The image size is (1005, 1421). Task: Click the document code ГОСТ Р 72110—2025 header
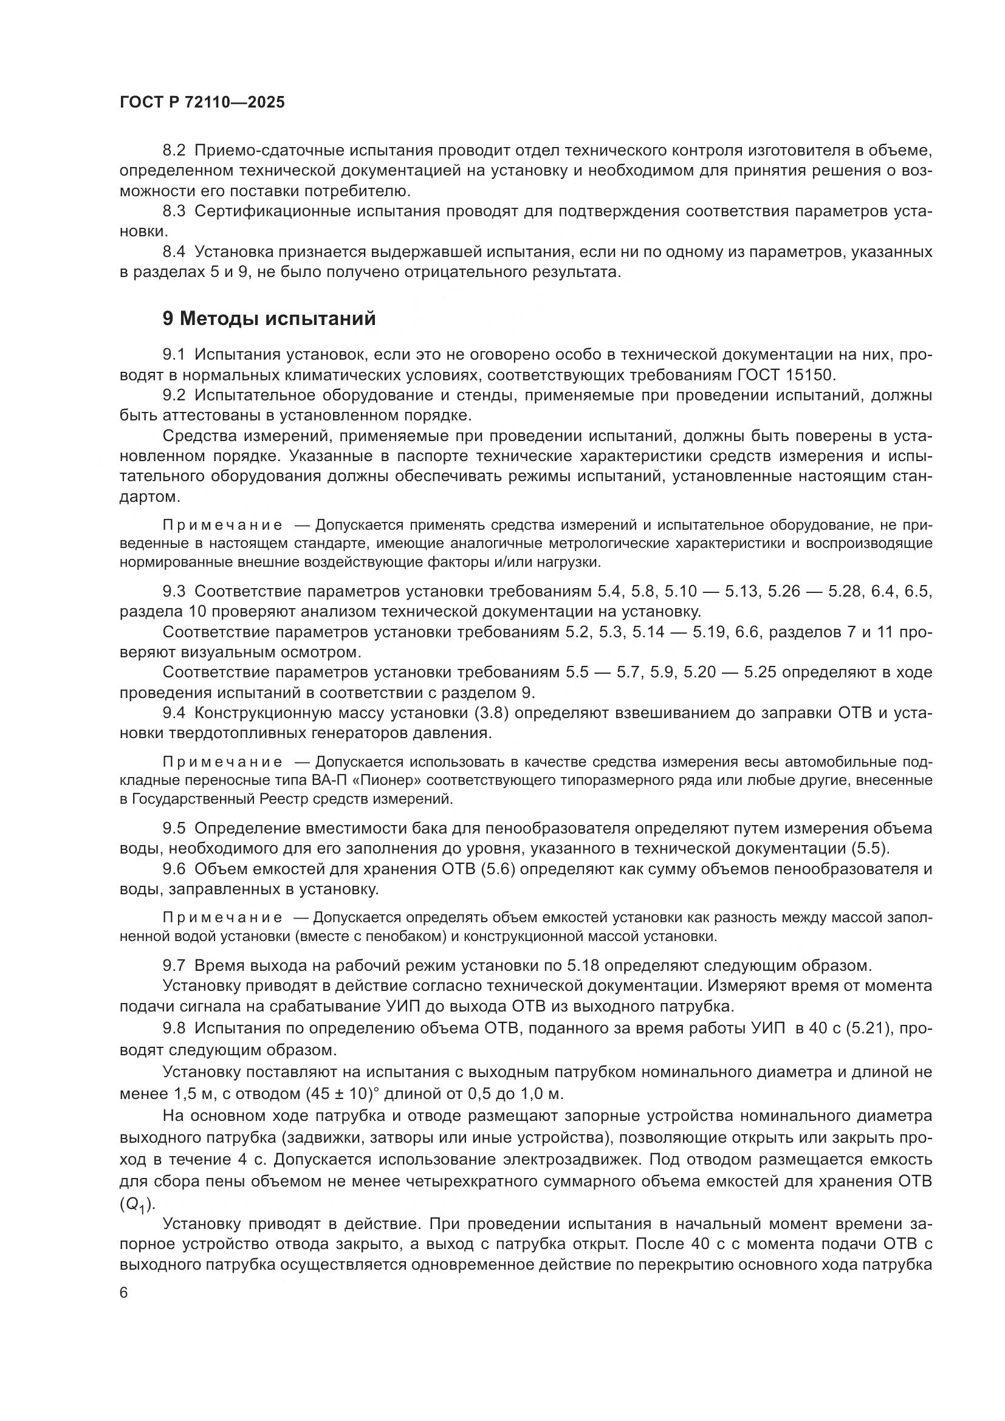(202, 103)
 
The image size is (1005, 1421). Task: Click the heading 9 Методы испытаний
(269, 319)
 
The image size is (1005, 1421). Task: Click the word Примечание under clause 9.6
(222, 917)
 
